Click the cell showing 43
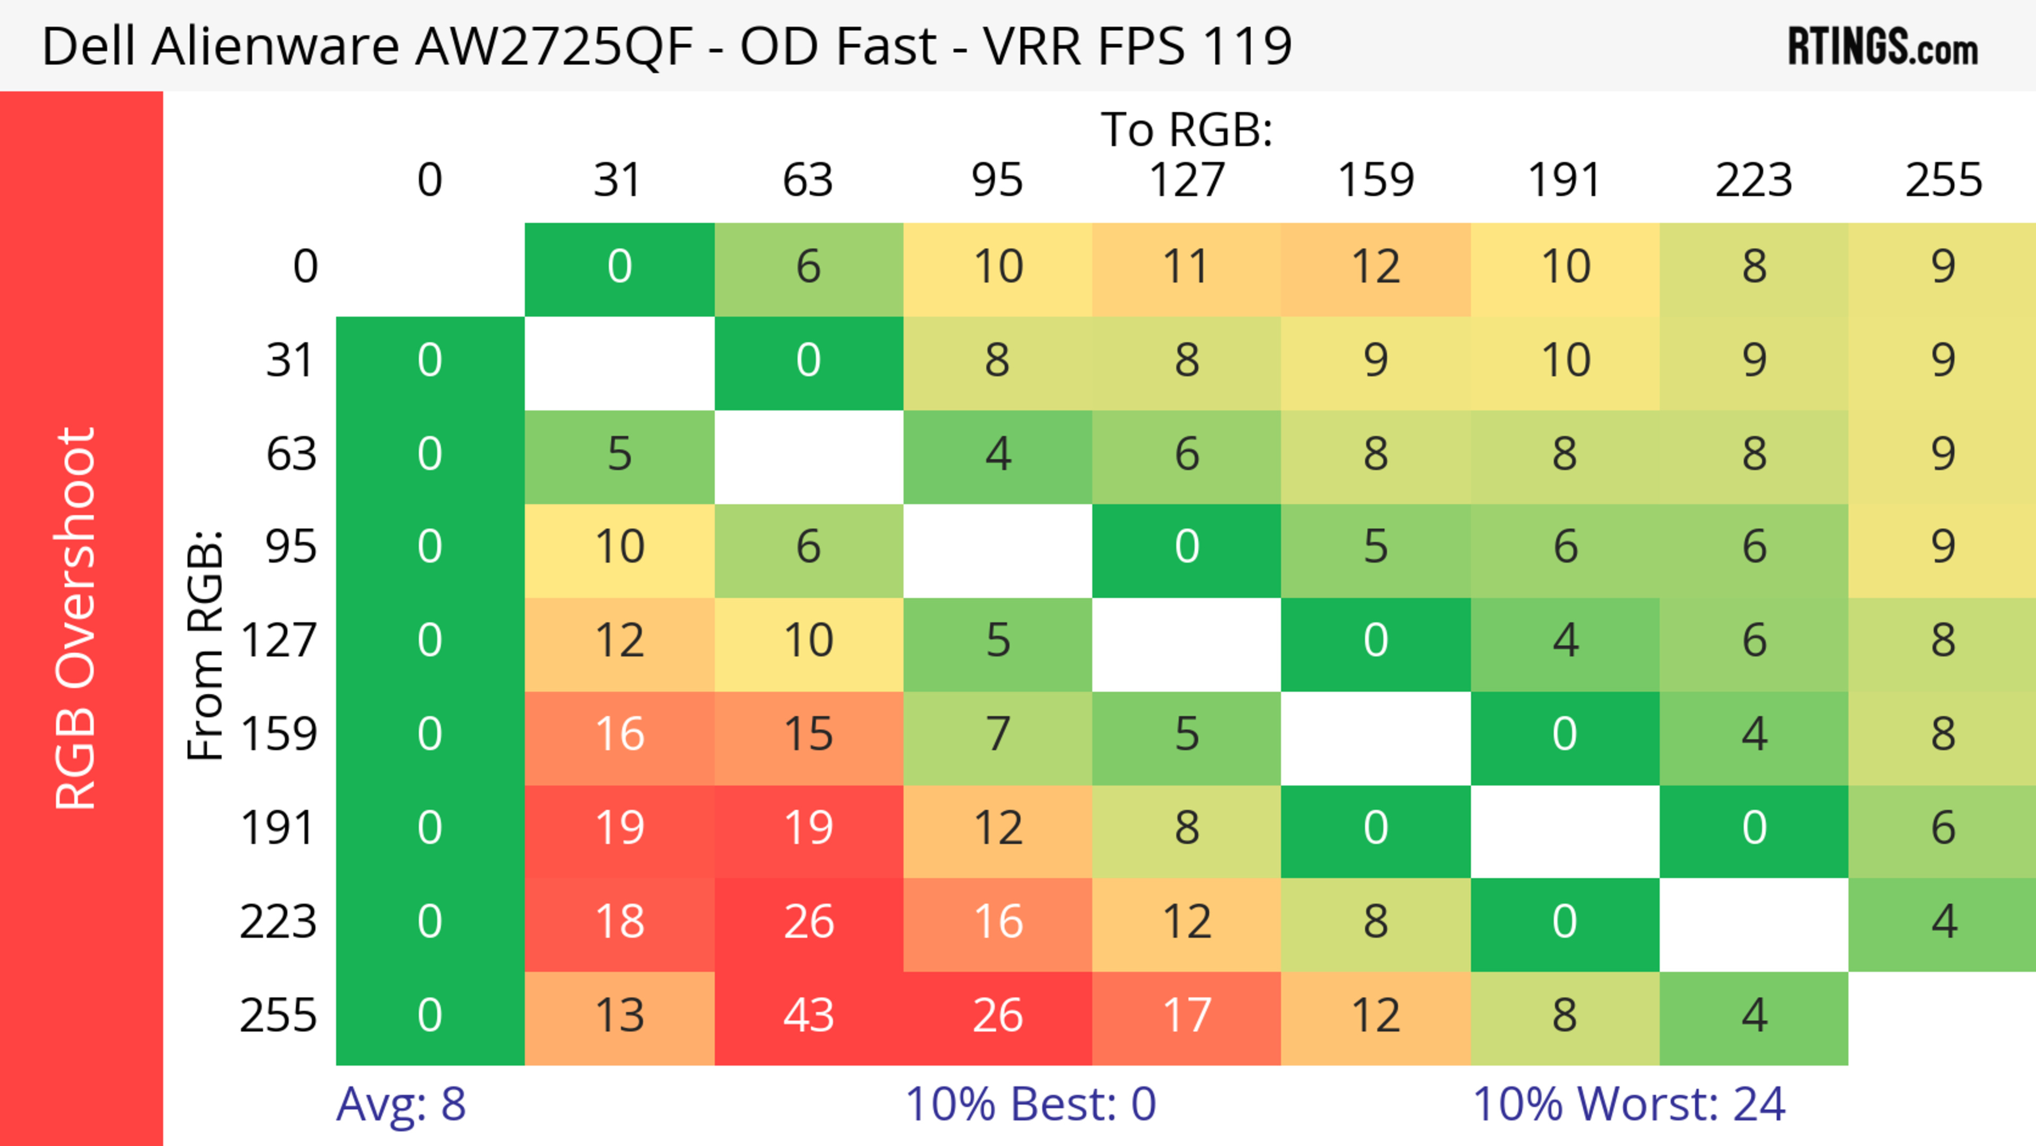808,1016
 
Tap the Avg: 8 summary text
401,1104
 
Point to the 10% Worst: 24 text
1628,1104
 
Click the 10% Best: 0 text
1030,1104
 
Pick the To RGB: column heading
1187,129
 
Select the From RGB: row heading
206,644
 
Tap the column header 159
1375,180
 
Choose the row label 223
278,922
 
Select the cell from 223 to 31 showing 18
619,922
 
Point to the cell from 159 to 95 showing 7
997,734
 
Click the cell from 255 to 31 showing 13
619,1016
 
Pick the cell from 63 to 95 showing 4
997,453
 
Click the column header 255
1943,180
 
